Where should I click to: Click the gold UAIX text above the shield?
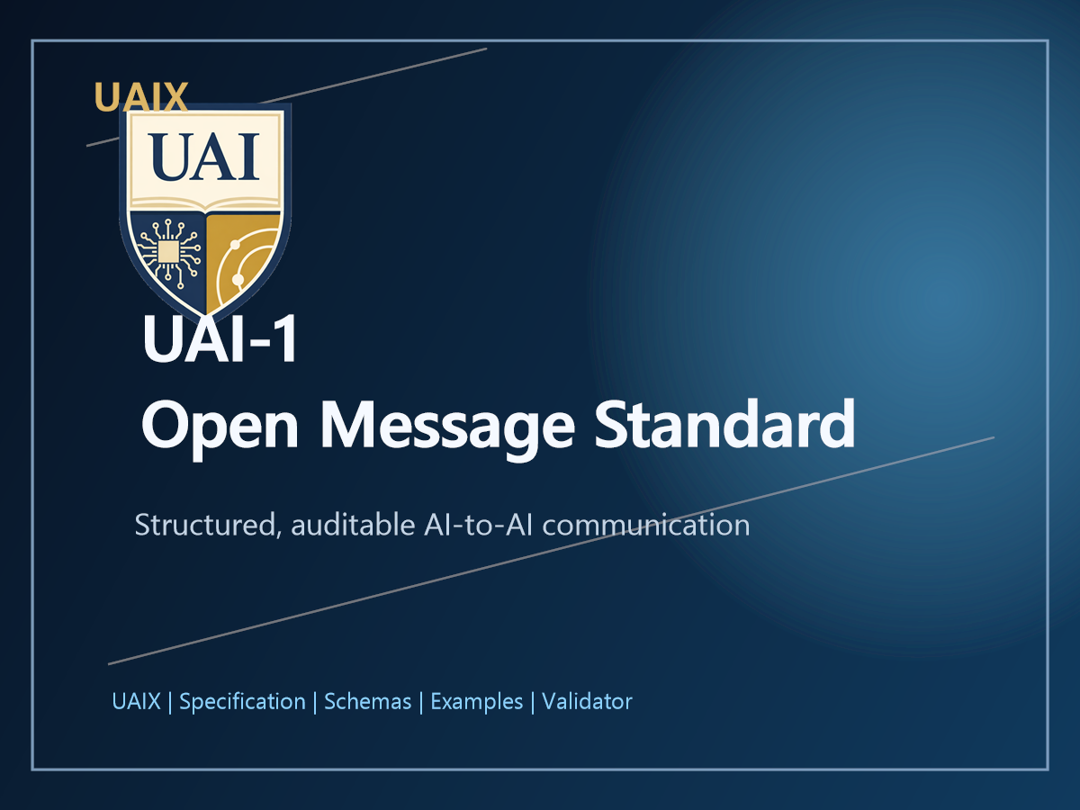pyautogui.click(x=140, y=97)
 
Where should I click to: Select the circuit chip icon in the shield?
pyautogui.click(x=168, y=251)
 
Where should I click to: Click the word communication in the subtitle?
pyautogui.click(x=645, y=525)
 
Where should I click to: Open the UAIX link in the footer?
pyautogui.click(x=136, y=702)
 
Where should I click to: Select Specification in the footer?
pyautogui.click(x=242, y=702)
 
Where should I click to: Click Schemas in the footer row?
pyautogui.click(x=367, y=702)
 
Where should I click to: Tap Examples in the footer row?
pyautogui.click(x=476, y=702)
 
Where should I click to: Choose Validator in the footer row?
pyautogui.click(x=587, y=702)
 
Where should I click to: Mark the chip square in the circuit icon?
pyautogui.click(x=168, y=252)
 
